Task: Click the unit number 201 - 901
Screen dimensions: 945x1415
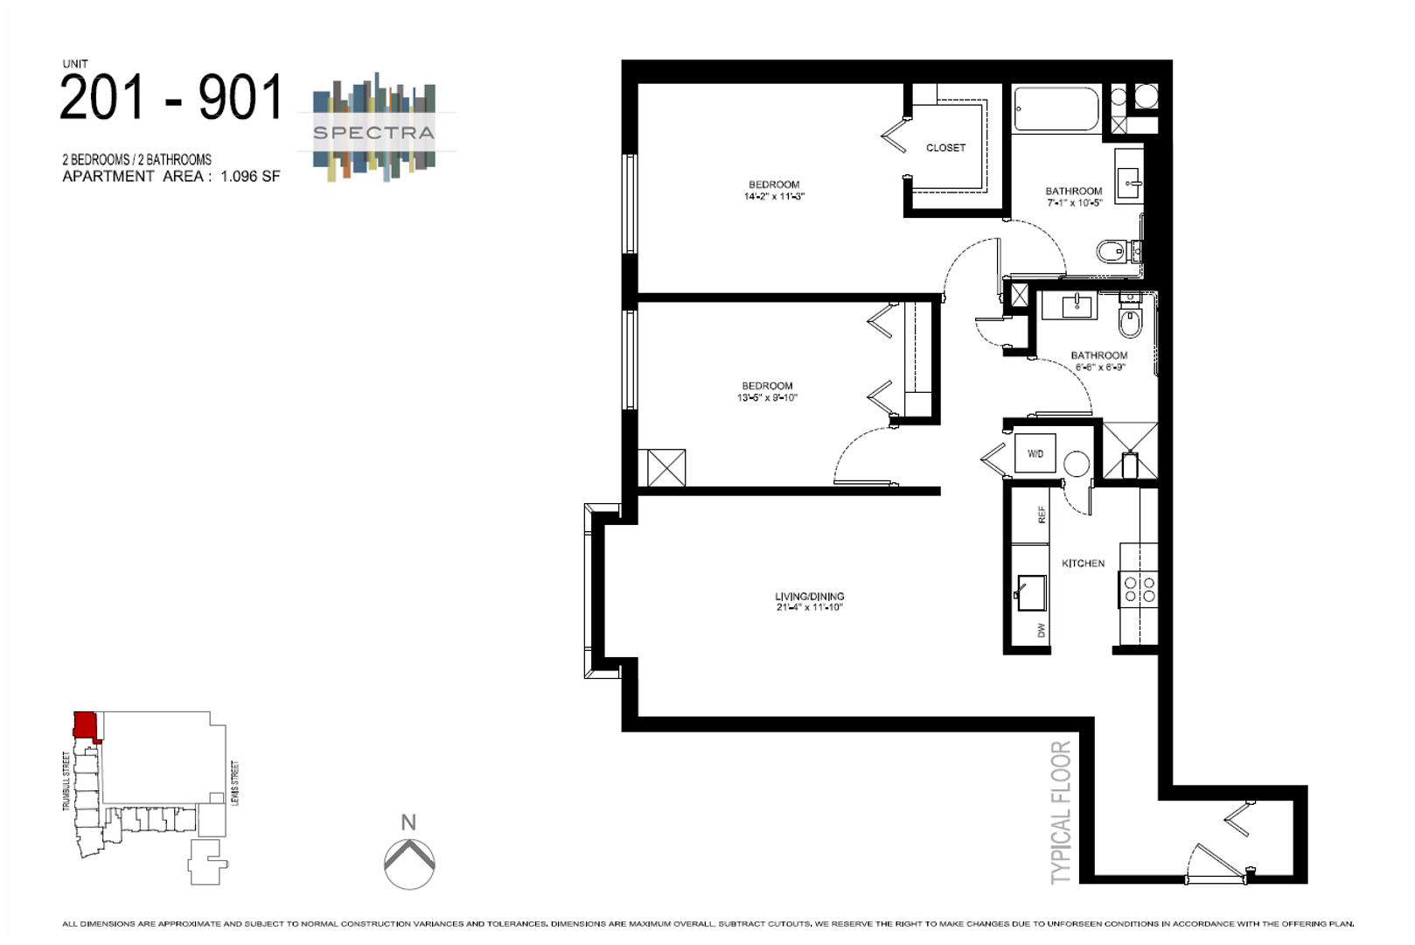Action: (171, 97)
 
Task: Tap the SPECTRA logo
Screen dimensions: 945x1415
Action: (373, 132)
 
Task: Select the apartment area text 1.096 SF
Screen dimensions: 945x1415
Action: (250, 176)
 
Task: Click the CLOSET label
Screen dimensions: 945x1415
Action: (945, 148)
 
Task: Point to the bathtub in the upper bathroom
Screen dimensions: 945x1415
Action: (1056, 109)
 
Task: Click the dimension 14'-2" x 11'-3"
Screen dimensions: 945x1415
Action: (773, 197)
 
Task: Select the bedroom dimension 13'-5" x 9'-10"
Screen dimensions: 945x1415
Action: (767, 398)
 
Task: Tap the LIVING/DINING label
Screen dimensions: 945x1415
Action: (809, 596)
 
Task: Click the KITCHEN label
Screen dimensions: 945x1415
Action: (1083, 563)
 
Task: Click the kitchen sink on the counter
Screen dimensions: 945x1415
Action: (1031, 592)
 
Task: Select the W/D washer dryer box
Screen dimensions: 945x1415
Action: (1035, 454)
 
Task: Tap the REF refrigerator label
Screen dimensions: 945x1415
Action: (1041, 514)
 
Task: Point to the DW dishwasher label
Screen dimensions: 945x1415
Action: (1041, 630)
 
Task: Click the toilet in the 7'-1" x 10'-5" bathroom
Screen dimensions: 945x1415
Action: (1112, 252)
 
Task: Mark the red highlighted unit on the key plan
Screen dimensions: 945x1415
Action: (85, 725)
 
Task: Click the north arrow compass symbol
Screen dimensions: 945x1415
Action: (409, 862)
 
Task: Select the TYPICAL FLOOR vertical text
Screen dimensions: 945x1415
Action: (1061, 812)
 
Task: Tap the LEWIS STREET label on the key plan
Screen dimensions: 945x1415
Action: (234, 783)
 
